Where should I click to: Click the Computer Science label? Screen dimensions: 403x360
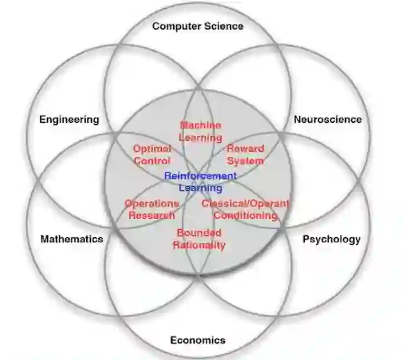coord(198,26)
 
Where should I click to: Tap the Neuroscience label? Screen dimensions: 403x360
coord(327,119)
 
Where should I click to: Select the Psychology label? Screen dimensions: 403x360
coord(331,239)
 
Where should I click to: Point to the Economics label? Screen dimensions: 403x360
coord(198,340)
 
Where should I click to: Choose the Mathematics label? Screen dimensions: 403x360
coord(72,239)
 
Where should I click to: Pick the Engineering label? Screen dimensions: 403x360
coord(69,119)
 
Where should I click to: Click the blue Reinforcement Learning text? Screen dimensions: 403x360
coord(200,182)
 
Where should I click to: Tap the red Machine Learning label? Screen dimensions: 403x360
coord(200,132)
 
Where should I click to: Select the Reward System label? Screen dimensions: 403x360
coord(245,155)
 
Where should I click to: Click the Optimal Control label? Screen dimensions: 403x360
coord(152,155)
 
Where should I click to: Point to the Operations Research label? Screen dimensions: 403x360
coord(151,210)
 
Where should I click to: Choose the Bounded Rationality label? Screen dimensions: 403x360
coord(199,239)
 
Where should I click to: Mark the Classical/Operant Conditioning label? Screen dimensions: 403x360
coord(246,210)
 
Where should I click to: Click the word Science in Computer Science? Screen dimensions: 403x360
coord(221,26)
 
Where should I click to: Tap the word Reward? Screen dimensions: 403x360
coord(245,149)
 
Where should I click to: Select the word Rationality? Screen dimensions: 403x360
coord(199,245)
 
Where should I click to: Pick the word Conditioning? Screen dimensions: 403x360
coord(246,216)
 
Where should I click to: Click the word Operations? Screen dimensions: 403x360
coord(151,204)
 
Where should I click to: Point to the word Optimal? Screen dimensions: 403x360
coord(152,149)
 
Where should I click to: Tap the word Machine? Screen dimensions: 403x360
coord(200,126)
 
